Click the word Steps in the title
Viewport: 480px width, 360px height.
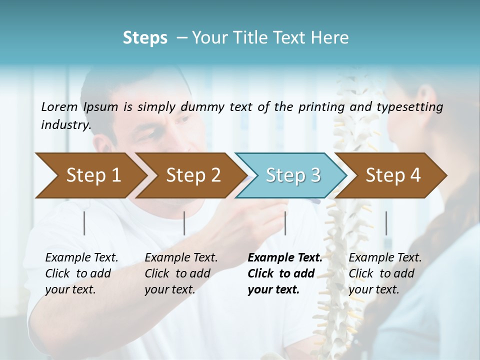(x=145, y=38)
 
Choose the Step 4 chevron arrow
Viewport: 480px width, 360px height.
(x=393, y=175)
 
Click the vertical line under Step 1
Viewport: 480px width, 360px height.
(x=84, y=223)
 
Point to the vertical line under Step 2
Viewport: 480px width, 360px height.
(x=184, y=223)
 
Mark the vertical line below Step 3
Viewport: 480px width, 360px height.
(x=285, y=223)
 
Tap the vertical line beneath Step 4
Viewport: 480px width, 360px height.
(x=386, y=223)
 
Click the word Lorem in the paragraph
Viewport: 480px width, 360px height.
(x=59, y=107)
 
